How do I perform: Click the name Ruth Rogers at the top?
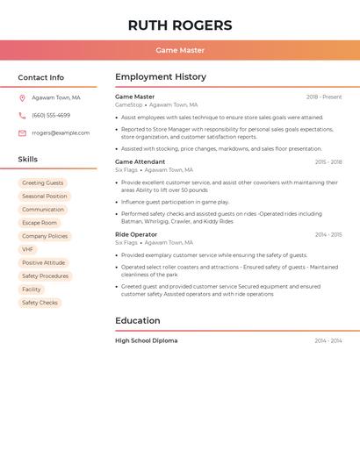pos(180,25)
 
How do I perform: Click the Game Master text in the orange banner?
pos(180,51)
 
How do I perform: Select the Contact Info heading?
pos(40,77)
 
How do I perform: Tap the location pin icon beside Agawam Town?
pos(22,98)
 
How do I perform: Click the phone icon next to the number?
pos(22,115)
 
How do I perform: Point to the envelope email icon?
pos(22,133)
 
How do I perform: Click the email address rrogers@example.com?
pos(61,133)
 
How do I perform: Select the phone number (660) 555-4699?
pos(51,115)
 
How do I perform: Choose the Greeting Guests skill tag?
pos(42,183)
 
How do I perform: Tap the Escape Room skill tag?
pos(40,223)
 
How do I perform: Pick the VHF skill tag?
pos(28,249)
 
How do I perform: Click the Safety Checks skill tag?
pos(40,303)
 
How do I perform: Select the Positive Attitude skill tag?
pos(43,262)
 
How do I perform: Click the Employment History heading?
pos(161,77)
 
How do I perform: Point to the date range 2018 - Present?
pos(324,97)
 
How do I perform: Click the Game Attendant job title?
pos(140,162)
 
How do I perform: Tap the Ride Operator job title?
pos(136,235)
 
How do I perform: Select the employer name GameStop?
pos(128,104)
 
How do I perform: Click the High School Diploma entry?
pos(146,340)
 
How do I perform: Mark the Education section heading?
pos(138,321)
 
